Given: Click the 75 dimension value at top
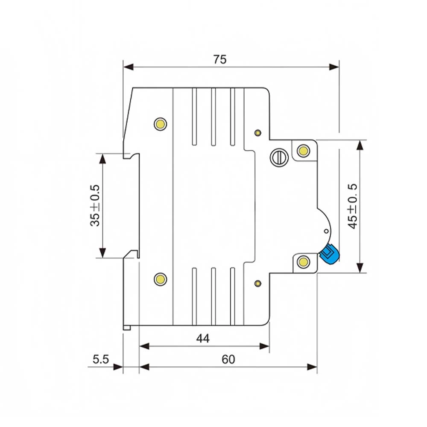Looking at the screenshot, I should point(220,59).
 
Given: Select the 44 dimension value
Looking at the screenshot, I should point(203,338).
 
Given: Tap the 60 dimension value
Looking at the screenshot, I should point(228,360).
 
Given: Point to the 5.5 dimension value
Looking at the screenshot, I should point(101,360).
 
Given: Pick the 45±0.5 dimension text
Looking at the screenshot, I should point(353,206).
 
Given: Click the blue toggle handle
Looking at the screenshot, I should point(329,254).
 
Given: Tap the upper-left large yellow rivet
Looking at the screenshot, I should point(161,123).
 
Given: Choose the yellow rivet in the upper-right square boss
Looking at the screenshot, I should point(304,150).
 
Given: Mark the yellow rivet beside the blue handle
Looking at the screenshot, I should point(304,261).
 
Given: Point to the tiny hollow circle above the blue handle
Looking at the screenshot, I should point(326,232).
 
